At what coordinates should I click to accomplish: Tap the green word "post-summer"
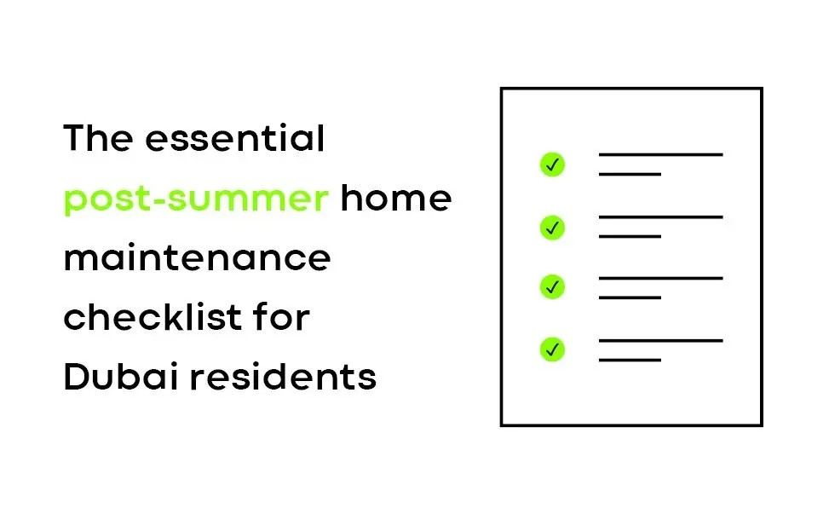click(x=196, y=199)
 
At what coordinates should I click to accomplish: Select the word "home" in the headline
click(x=396, y=198)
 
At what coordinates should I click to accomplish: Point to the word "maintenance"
click(x=197, y=257)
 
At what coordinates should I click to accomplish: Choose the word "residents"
click(x=283, y=377)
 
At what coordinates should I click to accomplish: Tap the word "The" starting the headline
click(x=93, y=138)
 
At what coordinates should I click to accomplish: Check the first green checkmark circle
click(x=552, y=165)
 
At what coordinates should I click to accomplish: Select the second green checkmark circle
click(x=552, y=227)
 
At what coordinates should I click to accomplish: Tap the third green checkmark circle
click(x=552, y=287)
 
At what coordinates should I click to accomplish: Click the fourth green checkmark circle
click(x=552, y=349)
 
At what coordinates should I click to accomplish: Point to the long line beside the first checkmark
click(x=661, y=154)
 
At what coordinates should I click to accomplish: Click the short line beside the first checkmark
click(x=630, y=174)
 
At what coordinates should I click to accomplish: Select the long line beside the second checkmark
click(x=661, y=217)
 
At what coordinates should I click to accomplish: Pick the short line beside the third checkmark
click(x=630, y=297)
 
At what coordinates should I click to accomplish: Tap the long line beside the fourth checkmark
click(x=661, y=340)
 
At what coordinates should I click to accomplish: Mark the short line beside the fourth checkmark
click(x=630, y=359)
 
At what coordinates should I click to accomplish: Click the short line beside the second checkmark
click(x=630, y=236)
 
